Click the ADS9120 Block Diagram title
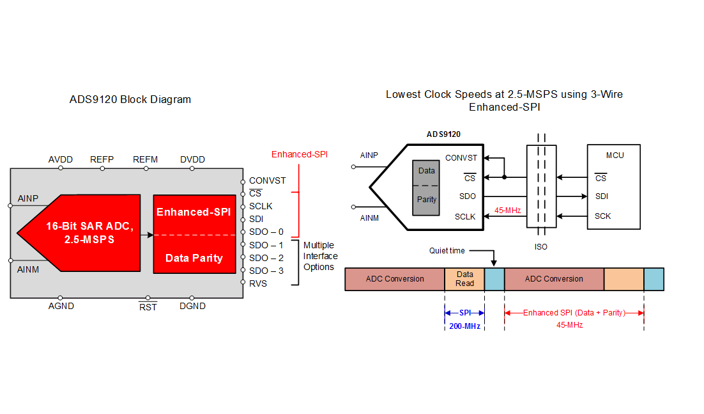coord(130,100)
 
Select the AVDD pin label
coord(61,159)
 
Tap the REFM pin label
coord(145,159)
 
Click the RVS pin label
coord(258,283)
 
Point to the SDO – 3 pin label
coord(266,271)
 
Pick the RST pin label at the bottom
coord(148,307)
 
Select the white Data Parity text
coord(194,259)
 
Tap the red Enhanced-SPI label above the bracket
coord(300,155)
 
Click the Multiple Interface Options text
coord(319,256)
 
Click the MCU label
coord(615,155)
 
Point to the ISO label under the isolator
coord(540,246)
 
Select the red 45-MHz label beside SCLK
coord(508,209)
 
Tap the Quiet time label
coord(447,251)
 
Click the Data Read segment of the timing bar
coord(464,279)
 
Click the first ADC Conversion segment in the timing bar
coord(395,279)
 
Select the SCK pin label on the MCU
coord(602,216)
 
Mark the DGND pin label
coord(192,307)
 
